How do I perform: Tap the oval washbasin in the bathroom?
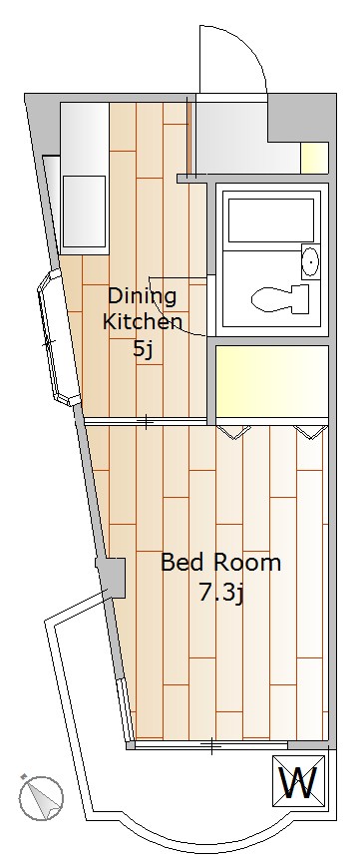[x=310, y=261]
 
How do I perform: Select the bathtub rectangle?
[x=271, y=220]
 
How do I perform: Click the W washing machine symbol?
[x=298, y=779]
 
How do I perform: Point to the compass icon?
[x=40, y=797]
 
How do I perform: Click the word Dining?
[x=142, y=296]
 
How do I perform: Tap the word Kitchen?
[x=142, y=322]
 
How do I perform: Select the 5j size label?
[x=142, y=349]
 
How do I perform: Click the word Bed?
[x=181, y=563]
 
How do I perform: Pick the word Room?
[x=247, y=563]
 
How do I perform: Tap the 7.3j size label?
[x=220, y=593]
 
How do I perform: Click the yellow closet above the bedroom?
[x=272, y=381]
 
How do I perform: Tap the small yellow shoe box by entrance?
[x=315, y=157]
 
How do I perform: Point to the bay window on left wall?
[x=58, y=337]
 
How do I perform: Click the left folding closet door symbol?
[x=234, y=432]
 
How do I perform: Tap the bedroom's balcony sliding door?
[x=211, y=745]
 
